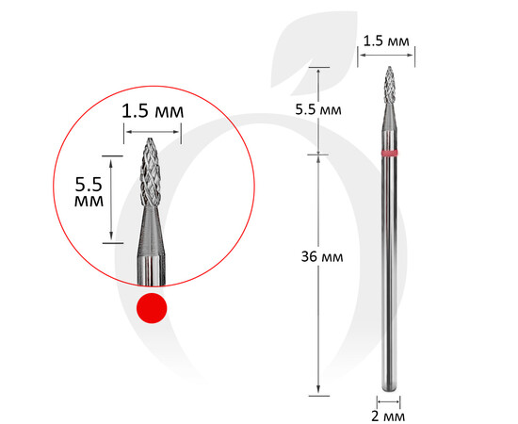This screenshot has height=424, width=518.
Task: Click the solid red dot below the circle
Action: (152, 308)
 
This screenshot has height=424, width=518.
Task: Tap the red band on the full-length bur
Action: (389, 153)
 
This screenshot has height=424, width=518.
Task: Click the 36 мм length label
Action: (322, 257)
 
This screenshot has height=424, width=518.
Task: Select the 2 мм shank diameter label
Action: (388, 416)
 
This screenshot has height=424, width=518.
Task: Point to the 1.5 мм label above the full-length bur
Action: (386, 41)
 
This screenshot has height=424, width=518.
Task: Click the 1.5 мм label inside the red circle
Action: (153, 111)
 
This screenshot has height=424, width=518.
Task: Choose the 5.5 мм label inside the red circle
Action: (89, 191)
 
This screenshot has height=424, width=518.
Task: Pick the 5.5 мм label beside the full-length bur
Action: (318, 109)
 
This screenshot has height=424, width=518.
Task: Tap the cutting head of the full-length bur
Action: (390, 85)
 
